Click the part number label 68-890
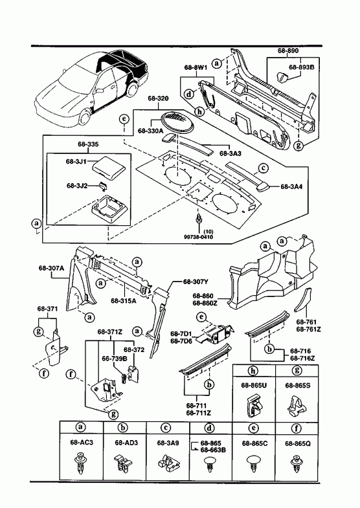click(x=288, y=50)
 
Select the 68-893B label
click(x=301, y=67)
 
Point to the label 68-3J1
click(x=76, y=162)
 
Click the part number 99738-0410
click(x=198, y=237)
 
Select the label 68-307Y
click(x=196, y=282)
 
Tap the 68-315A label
click(x=124, y=300)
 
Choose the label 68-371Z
click(x=110, y=332)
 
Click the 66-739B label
click(x=115, y=359)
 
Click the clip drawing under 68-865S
click(x=297, y=406)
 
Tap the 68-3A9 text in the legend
click(x=168, y=443)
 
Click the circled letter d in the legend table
click(x=210, y=428)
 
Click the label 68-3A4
click(x=291, y=186)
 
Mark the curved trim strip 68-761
click(x=303, y=300)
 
